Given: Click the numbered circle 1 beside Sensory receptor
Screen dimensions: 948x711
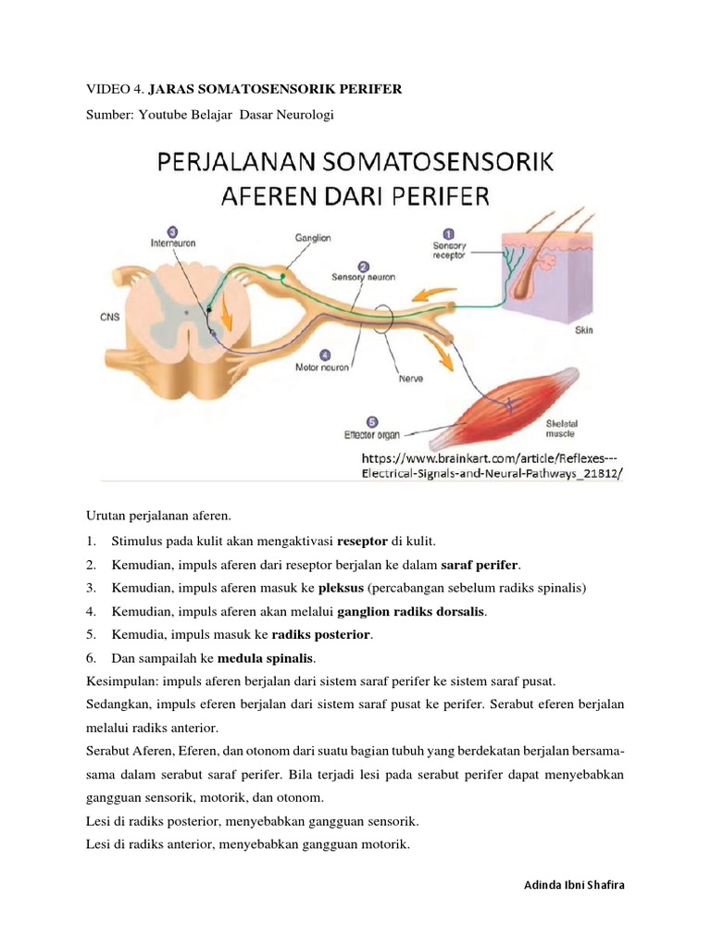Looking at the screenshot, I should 449,234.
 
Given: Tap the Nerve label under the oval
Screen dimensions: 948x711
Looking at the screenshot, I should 410,378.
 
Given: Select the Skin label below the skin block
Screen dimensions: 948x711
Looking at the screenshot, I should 584,329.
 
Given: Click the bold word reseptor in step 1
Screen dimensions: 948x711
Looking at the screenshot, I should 365,541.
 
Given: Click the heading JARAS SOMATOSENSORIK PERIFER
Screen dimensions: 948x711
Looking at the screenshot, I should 275,89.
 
